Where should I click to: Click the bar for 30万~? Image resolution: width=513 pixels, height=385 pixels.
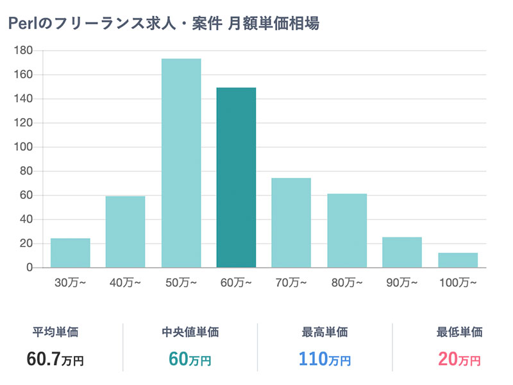click(x=71, y=253)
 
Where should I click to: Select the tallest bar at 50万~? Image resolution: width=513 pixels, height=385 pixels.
click(x=181, y=163)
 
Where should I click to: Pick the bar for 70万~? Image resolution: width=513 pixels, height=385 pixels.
click(x=291, y=223)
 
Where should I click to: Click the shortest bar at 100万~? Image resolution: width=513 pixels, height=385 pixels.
click(x=458, y=260)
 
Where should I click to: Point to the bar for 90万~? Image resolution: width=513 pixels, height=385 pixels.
click(x=402, y=252)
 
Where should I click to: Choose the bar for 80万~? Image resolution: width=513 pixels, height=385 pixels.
click(x=347, y=230)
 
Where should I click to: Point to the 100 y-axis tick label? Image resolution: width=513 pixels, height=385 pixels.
click(x=23, y=147)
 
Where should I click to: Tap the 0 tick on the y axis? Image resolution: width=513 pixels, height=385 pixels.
click(x=29, y=268)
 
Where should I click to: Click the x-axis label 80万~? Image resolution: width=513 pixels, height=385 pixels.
click(x=347, y=282)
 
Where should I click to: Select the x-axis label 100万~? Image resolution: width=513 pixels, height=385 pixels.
click(x=458, y=282)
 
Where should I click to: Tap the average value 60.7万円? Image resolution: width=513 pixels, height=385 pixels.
click(x=55, y=359)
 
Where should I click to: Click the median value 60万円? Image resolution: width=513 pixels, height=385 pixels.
click(x=190, y=359)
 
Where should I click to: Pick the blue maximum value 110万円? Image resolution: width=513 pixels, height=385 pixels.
click(x=324, y=359)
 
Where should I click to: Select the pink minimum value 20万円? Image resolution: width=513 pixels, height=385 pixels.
click(x=459, y=359)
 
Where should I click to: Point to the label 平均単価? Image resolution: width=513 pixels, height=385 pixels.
click(x=56, y=332)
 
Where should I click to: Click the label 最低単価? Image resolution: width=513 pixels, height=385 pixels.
click(x=459, y=332)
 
